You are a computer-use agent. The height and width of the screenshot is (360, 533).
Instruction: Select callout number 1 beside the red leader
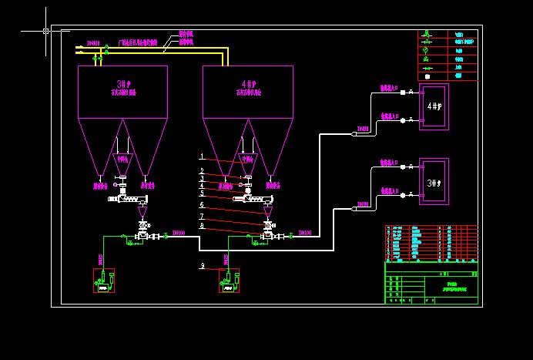coord(202,156)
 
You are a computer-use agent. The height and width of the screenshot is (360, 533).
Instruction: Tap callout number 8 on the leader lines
coord(202,225)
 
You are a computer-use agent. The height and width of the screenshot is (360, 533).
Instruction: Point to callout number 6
coord(202,204)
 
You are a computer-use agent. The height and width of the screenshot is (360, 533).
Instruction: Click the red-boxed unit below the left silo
coord(103,281)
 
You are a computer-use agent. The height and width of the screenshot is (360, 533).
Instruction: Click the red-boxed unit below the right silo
coord(229,281)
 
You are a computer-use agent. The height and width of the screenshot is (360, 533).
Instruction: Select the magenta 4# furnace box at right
coord(434,106)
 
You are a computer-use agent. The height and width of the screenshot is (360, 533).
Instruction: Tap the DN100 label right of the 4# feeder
coord(305,231)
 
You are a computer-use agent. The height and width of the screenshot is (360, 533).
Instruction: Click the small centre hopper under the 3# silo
coord(122,163)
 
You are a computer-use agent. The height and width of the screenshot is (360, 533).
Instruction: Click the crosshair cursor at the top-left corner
coord(46,31)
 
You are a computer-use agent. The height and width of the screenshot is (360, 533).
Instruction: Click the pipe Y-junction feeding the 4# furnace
coord(354,133)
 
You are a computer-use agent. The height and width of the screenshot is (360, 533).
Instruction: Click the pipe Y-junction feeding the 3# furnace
coord(354,207)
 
